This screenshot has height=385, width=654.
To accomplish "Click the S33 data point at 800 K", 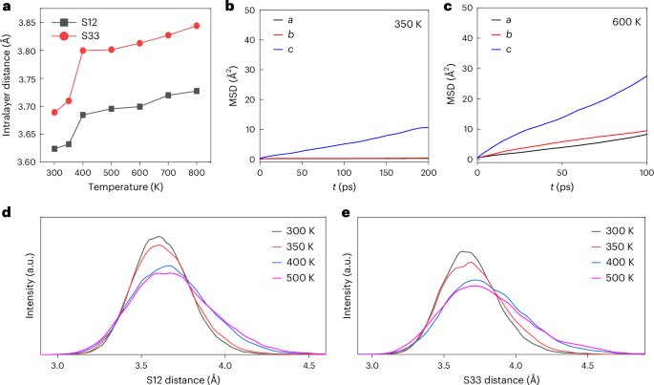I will click(197, 26).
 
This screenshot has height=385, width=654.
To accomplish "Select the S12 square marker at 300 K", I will click(54, 148).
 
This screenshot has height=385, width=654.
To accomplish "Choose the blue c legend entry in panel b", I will click(297, 50).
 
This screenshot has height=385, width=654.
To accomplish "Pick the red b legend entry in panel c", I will click(513, 34).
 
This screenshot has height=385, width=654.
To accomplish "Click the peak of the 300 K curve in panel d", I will click(159, 236).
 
